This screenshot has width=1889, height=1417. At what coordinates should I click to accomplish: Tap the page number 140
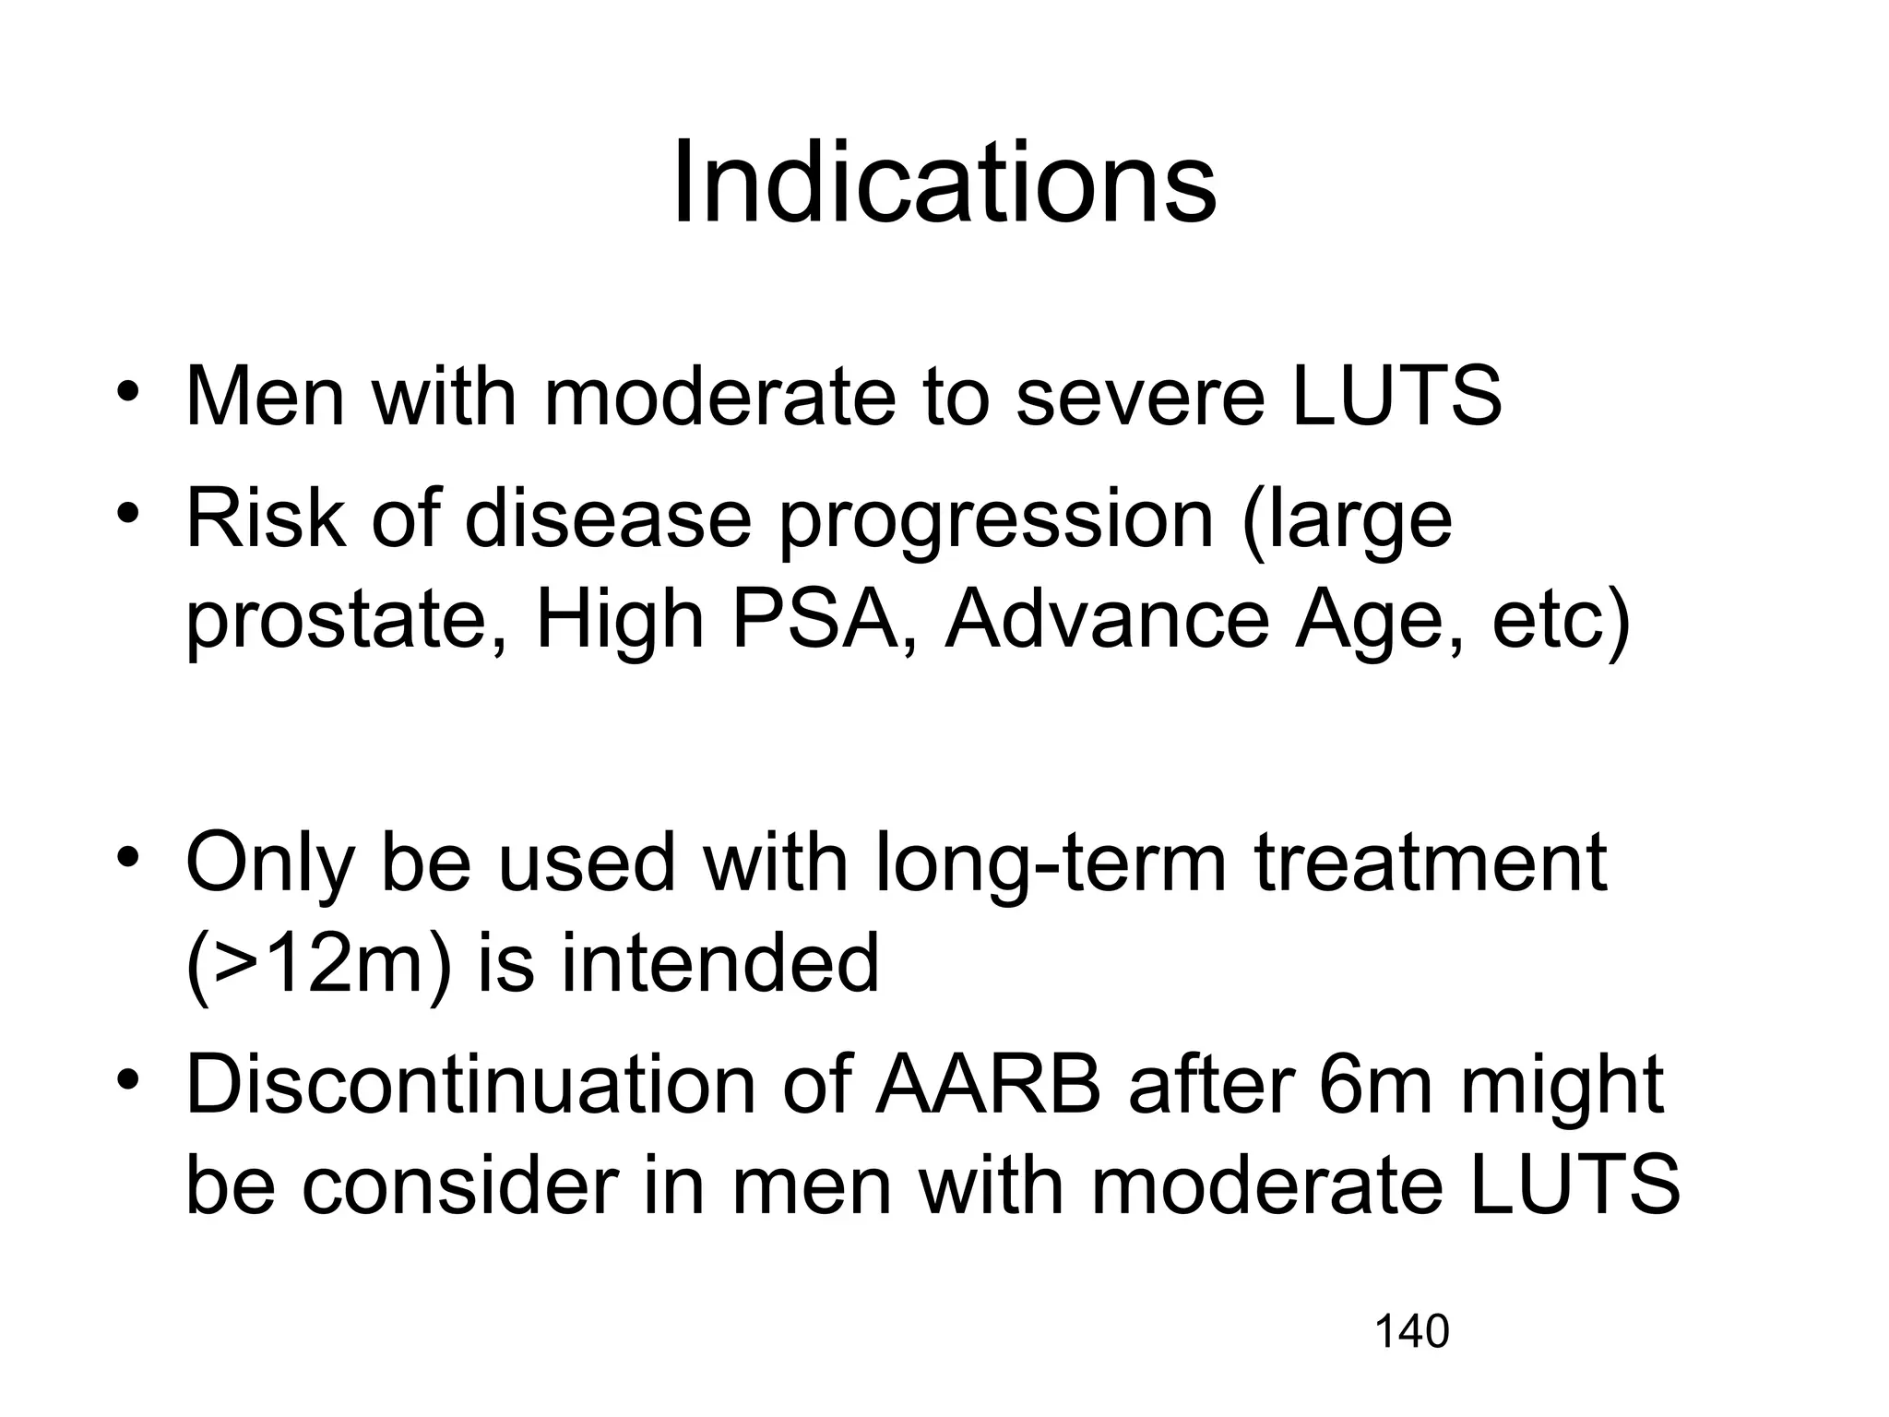[1411, 1332]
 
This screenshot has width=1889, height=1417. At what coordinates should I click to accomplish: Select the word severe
[1140, 399]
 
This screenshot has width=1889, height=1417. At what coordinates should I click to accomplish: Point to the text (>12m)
[319, 964]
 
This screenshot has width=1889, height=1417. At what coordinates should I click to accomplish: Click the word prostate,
[347, 624]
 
